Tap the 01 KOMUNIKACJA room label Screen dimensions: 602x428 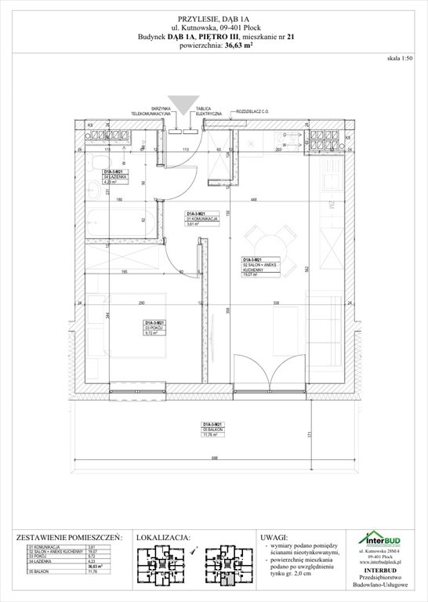pyautogui.click(x=196, y=219)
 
